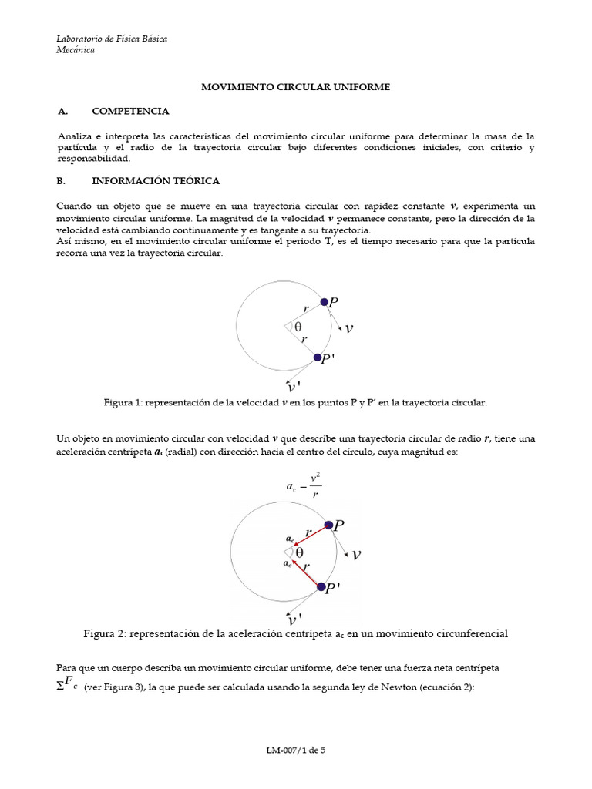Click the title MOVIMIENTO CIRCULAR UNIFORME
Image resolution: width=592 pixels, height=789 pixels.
coord(296,88)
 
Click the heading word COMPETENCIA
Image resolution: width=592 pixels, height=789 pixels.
coord(130,112)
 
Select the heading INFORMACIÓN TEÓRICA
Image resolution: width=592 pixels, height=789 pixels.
coord(156,180)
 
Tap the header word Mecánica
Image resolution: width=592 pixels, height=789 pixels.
coord(76,50)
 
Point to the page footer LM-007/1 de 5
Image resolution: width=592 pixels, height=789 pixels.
coord(296,749)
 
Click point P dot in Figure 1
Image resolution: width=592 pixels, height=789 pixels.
coord(325,302)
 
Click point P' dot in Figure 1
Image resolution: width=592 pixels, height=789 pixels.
coord(318,358)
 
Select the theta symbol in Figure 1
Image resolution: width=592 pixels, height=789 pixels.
coord(298,326)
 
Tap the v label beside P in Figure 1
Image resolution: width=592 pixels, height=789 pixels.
coord(349,328)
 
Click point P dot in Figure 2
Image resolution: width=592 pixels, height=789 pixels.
coord(329,525)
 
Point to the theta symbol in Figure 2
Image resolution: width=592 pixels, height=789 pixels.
coord(298,552)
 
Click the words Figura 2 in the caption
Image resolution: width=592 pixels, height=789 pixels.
coord(109,633)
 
